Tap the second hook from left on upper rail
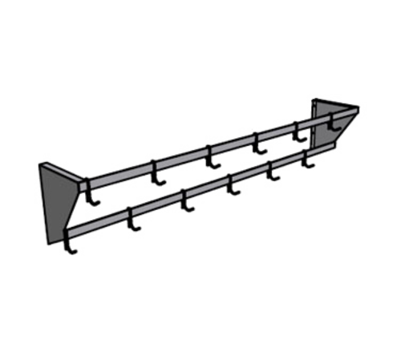point(157,174)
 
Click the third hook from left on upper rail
point(212,160)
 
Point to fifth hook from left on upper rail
point(301,133)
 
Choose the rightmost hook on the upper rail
point(330,123)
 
